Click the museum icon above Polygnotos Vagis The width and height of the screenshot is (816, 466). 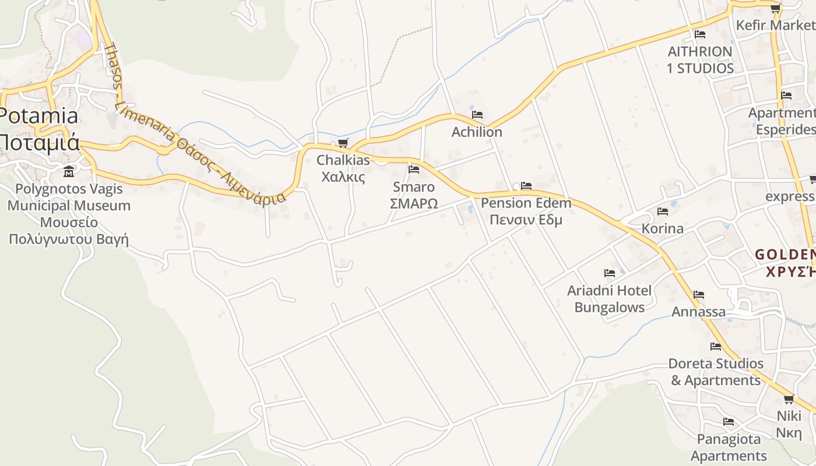pyautogui.click(x=69, y=171)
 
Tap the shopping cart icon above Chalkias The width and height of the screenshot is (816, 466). pyautogui.click(x=343, y=143)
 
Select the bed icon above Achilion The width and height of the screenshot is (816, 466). pyautogui.click(x=477, y=115)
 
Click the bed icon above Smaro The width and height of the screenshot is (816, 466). pyautogui.click(x=414, y=170)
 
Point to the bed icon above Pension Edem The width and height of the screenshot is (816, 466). pyautogui.click(x=526, y=186)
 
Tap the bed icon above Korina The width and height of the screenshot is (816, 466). pyautogui.click(x=662, y=211)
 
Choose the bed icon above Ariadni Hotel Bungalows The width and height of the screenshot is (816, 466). pyautogui.click(x=610, y=273)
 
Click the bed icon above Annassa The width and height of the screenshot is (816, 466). pyautogui.click(x=699, y=295)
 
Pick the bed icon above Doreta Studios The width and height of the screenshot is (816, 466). pyautogui.click(x=716, y=347)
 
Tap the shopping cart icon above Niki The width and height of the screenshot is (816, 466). pyautogui.click(x=789, y=399)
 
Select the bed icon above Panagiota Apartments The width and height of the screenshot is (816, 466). pyautogui.click(x=729, y=422)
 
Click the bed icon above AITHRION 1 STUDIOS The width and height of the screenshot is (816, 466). pyautogui.click(x=700, y=34)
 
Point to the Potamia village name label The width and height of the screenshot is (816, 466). pyautogui.click(x=38, y=116)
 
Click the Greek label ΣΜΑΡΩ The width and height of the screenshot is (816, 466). pyautogui.click(x=414, y=204)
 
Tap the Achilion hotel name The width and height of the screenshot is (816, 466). pyautogui.click(x=477, y=132)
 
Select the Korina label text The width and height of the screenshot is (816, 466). pyautogui.click(x=662, y=228)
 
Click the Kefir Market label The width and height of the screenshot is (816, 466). pyautogui.click(x=775, y=26)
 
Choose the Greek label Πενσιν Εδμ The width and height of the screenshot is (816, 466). pyautogui.click(x=526, y=220)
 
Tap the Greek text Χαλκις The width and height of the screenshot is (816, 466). pyautogui.click(x=343, y=177)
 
